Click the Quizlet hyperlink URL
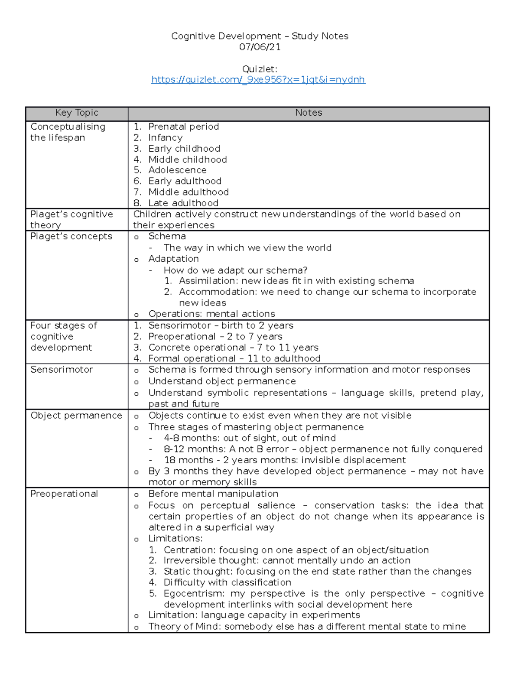(258, 80)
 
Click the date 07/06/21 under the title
(260, 47)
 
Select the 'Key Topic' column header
(77, 113)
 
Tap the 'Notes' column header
(309, 113)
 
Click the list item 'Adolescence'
(177, 170)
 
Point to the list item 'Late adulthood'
(183, 203)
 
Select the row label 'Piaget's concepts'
(71, 237)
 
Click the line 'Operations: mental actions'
(211, 314)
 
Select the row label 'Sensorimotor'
(62, 370)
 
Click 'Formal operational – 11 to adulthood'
(234, 358)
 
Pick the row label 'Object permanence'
(76, 416)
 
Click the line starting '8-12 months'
(322, 449)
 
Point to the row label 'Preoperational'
(64, 494)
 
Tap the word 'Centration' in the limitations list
(188, 550)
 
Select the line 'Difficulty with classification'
(227, 582)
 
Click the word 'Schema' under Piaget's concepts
(167, 237)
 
